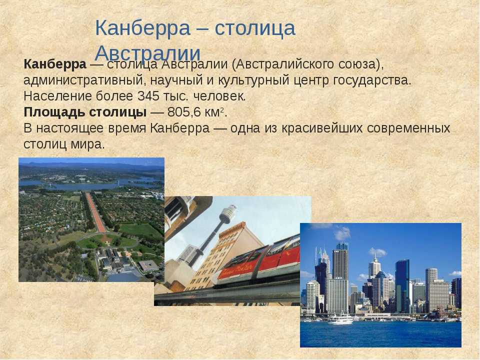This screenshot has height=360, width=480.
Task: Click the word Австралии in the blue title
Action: point(147,53)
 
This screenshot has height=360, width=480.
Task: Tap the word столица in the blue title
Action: point(255,28)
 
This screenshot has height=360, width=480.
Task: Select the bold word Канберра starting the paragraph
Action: point(55,64)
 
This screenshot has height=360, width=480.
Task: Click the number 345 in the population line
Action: point(148,96)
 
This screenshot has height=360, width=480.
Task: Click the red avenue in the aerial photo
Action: point(95,212)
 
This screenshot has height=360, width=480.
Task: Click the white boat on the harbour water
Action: point(340,319)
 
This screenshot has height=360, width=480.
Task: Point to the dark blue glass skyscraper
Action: point(402,285)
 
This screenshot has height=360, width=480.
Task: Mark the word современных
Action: point(408,128)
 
